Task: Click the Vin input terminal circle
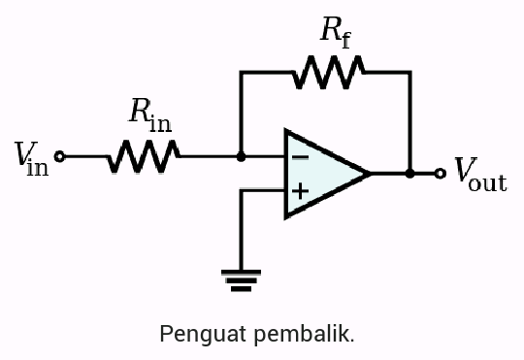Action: tap(59, 155)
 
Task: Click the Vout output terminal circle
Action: tap(440, 174)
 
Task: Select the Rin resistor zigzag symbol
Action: tap(144, 155)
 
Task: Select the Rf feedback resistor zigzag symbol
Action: tap(328, 72)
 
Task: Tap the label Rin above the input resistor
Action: tap(149, 114)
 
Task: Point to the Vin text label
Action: tap(30, 157)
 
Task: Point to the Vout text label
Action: tap(480, 176)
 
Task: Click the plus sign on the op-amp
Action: tap(300, 191)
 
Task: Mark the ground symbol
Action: tap(242, 278)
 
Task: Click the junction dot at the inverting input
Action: tap(242, 155)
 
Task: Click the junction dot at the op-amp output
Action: tap(410, 174)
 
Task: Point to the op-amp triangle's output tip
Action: tap(370, 174)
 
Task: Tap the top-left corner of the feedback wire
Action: tap(242, 72)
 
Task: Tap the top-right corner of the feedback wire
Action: tap(410, 72)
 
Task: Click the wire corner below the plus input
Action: tap(242, 191)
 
